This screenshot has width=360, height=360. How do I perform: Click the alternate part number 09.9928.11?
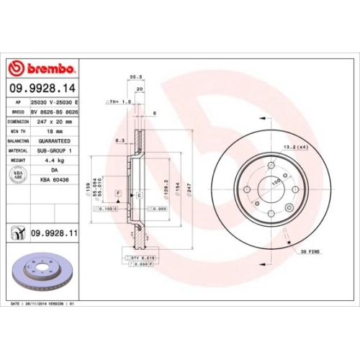(x=54, y=233)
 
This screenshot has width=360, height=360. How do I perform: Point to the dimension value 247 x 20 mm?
(x=55, y=122)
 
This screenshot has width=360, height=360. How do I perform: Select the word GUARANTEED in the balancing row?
(x=55, y=141)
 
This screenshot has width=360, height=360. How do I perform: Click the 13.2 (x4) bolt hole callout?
(x=297, y=147)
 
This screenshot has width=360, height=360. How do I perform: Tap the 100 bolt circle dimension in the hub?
(x=276, y=182)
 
